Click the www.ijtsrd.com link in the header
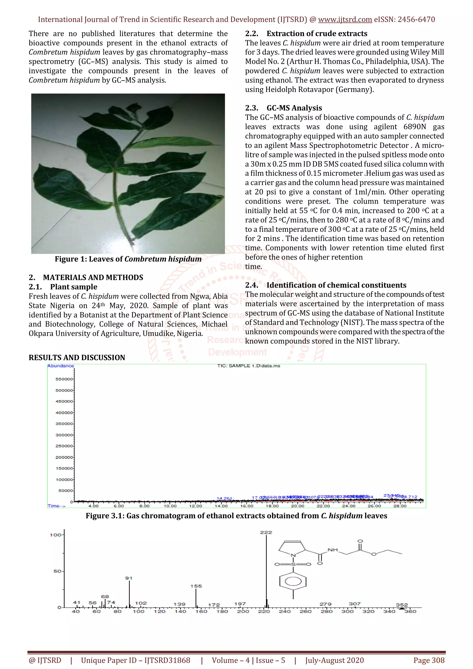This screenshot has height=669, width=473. click(345, 20)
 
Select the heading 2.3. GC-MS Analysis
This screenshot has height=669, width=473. click(283, 108)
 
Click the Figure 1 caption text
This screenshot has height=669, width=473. click(128, 259)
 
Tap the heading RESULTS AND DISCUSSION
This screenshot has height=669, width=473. click(77, 358)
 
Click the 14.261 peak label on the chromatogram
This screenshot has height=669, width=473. click(224, 498)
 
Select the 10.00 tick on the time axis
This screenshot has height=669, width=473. click(170, 506)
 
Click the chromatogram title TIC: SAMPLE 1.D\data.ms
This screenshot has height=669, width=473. click(249, 366)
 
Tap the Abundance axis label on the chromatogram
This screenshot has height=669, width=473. click(61, 366)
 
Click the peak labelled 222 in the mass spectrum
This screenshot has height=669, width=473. click(266, 532)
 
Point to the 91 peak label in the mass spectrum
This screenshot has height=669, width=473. click(129, 578)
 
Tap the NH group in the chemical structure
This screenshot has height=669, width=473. click(333, 550)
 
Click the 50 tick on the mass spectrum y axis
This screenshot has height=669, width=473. click(57, 571)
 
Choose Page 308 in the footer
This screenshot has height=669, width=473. click(429, 660)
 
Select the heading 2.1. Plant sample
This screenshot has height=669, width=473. click(63, 287)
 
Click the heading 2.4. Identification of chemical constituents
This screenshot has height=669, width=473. click(325, 285)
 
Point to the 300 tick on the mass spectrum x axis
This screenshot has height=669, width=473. click(347, 611)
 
